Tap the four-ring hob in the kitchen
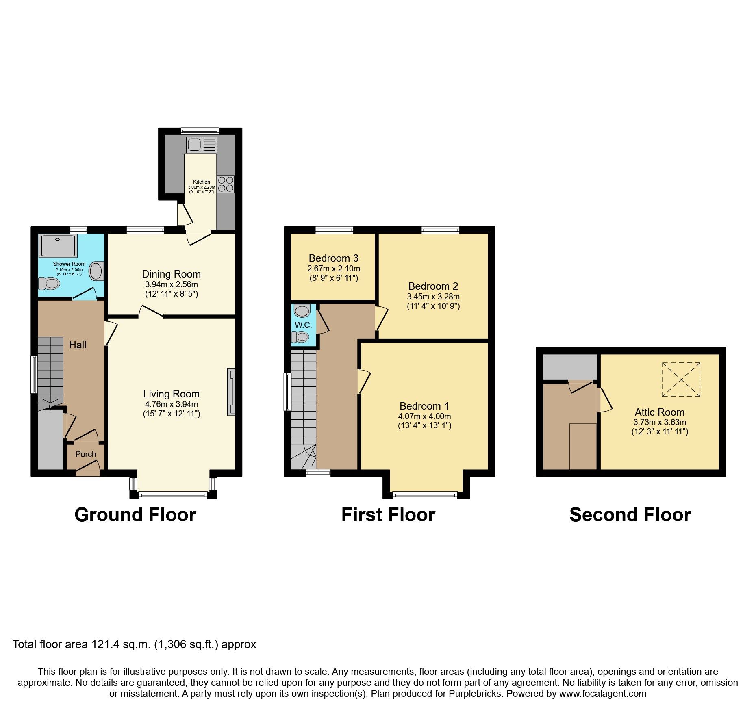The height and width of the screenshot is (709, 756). pos(226,184)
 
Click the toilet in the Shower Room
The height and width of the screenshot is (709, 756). pos(49,283)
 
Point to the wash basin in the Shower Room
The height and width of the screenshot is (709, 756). pos(97,271)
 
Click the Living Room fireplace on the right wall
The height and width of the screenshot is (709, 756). pos(231,392)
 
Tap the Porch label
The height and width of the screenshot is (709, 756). pos(86,454)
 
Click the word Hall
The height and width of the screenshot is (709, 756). pos(78,345)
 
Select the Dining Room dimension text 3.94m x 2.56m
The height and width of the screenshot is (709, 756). pos(171,284)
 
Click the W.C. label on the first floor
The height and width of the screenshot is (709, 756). pos(303,325)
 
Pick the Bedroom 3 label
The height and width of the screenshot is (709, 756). pos(333,258)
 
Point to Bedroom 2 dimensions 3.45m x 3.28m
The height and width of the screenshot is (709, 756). pos(433,297)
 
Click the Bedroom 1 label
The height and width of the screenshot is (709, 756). pos(424,406)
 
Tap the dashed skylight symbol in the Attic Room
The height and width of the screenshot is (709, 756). pos(681,379)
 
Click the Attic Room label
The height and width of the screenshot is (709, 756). pos(659,412)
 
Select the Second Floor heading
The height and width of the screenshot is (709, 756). pos(630,515)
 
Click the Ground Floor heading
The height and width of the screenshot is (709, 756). pos(135,515)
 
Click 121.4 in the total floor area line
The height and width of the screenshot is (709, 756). pos(104,644)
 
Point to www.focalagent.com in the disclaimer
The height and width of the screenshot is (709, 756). pos(603,694)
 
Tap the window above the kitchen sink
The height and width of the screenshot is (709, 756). pos(200,131)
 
